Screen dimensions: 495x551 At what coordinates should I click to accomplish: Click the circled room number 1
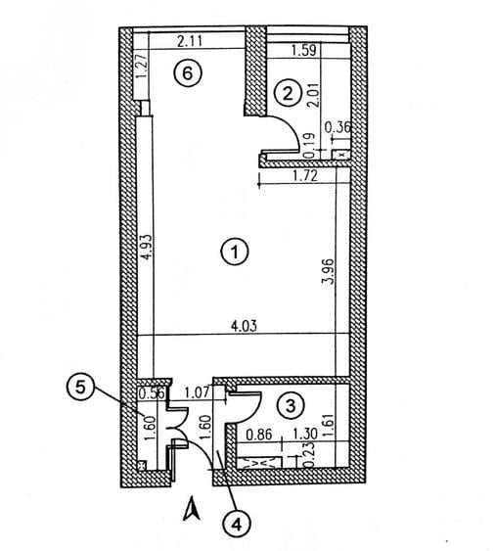(235, 252)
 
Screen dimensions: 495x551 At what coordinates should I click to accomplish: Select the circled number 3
(291, 406)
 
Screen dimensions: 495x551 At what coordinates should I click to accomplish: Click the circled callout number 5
(80, 388)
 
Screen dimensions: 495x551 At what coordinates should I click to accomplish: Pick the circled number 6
(188, 73)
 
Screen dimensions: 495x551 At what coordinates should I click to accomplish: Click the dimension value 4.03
(244, 326)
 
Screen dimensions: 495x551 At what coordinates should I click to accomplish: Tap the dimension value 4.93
(148, 248)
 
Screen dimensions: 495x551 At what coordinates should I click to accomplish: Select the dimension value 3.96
(329, 271)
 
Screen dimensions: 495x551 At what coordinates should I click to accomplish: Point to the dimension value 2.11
(190, 41)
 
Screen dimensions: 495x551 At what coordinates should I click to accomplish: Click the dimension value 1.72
(305, 175)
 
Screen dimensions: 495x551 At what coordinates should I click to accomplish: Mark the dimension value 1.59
(304, 50)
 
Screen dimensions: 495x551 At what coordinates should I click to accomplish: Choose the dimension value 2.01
(315, 95)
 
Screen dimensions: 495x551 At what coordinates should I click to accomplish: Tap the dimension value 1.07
(197, 392)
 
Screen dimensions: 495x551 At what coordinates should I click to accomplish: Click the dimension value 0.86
(259, 435)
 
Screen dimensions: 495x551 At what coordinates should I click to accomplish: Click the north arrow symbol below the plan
(192, 508)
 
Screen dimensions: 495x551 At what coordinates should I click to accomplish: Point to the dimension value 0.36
(337, 127)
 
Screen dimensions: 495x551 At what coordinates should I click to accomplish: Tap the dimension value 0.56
(152, 393)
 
